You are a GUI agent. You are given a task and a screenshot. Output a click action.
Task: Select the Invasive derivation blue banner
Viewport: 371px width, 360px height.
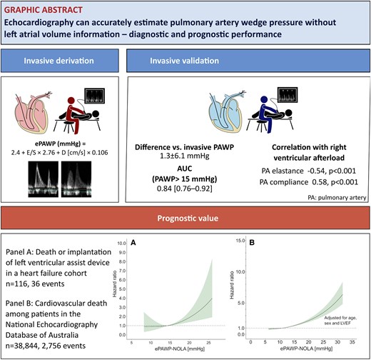[59, 61]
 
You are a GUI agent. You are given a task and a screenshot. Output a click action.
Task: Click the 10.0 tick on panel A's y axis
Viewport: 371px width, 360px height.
[131, 244]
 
